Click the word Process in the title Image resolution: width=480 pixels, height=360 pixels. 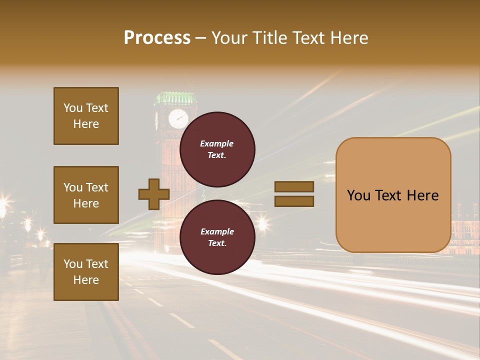click(x=157, y=38)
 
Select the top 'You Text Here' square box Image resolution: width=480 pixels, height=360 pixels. click(x=86, y=116)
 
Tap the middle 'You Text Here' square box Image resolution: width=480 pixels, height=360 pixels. click(x=86, y=195)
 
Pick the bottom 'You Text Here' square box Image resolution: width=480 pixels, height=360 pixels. click(x=86, y=272)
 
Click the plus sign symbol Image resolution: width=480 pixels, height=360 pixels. click(x=154, y=194)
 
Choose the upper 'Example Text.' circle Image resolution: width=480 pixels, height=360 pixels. click(x=217, y=149)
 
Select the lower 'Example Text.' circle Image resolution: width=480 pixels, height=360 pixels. click(x=217, y=237)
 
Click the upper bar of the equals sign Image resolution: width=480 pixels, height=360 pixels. click(x=294, y=186)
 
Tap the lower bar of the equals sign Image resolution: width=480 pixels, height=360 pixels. click(x=294, y=201)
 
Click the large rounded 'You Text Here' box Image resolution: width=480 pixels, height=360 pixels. click(x=393, y=195)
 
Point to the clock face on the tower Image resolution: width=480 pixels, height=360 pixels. click(x=178, y=119)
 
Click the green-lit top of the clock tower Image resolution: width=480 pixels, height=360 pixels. click(x=175, y=97)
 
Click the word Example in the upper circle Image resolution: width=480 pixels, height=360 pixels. click(x=217, y=143)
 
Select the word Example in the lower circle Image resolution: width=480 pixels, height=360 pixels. click(x=217, y=231)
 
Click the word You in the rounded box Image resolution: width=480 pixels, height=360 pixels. click(x=358, y=195)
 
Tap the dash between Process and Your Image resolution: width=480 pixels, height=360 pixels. click(x=201, y=38)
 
